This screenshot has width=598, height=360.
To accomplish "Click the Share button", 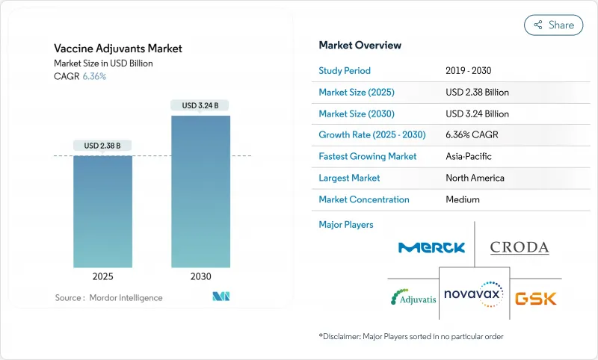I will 554,25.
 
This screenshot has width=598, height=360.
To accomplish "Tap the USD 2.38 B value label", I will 102,145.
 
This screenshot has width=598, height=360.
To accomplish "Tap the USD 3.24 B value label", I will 200,105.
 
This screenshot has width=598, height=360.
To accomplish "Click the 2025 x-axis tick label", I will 102,276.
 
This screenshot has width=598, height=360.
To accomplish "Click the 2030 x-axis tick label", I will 200,276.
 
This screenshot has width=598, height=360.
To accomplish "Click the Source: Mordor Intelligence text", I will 108,297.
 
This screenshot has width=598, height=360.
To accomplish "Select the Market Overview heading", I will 360,46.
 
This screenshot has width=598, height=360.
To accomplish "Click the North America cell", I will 475,178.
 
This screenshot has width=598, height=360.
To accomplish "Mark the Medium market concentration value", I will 463,199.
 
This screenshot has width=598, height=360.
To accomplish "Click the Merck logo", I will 432,247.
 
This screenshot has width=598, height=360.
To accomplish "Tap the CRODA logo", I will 520,247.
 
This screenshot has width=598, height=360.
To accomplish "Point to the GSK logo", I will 535,298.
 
